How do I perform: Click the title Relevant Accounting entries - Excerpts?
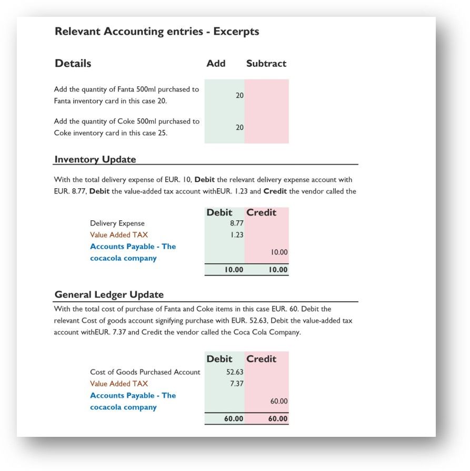pos(157,32)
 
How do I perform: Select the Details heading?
pos(73,64)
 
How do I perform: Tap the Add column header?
pos(216,64)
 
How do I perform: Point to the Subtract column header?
pos(266,64)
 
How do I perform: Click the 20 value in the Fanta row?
pos(239,96)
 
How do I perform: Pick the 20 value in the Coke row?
pos(239,127)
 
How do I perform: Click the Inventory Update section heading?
pos(95,159)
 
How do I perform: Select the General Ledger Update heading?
pos(109,294)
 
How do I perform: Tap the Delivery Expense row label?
pos(117,223)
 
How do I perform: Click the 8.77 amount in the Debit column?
pos(237,223)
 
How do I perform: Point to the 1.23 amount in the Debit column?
pos(237,235)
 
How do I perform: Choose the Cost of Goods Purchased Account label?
pos(145,372)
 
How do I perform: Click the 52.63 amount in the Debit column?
pos(235,372)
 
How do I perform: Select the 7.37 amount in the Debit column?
pos(237,384)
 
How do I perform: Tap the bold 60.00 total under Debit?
pos(234,419)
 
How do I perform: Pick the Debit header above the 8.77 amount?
pos(219,212)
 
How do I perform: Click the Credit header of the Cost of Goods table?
pos(262,359)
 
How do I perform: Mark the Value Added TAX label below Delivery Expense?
pos(119,235)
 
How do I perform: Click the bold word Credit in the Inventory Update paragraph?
pos(275,191)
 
